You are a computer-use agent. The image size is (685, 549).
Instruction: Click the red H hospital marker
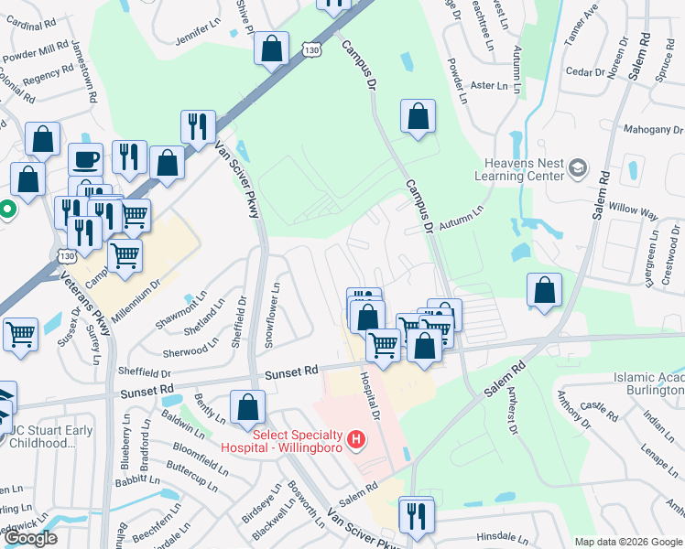[x=356, y=441]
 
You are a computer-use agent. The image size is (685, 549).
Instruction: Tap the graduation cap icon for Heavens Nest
[x=577, y=167]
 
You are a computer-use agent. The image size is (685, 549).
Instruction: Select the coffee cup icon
[x=87, y=159]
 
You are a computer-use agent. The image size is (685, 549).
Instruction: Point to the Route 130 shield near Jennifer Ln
[x=313, y=57]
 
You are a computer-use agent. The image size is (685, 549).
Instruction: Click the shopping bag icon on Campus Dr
[x=418, y=117]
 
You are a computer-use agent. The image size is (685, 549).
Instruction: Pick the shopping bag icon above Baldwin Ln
[x=247, y=407]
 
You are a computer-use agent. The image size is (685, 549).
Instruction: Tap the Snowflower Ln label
[x=273, y=312]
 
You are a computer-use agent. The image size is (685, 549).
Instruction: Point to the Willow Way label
[x=637, y=213]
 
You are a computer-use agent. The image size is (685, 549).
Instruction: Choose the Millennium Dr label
[x=136, y=299]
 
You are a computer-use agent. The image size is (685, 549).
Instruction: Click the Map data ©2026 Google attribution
[x=627, y=542]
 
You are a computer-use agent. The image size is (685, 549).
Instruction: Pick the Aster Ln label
[x=487, y=85]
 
